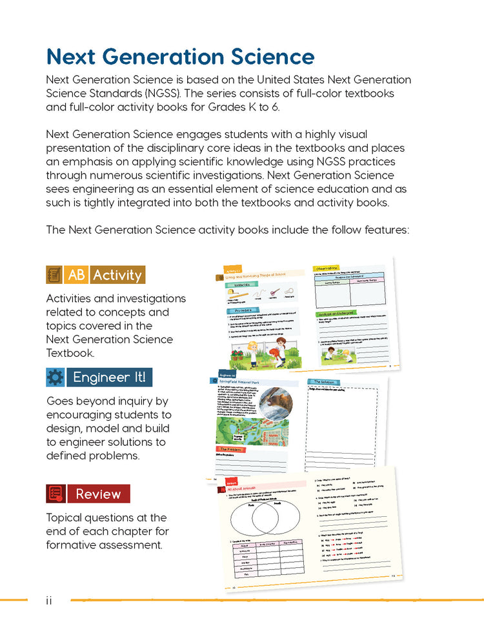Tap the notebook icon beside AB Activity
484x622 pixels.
click(54, 275)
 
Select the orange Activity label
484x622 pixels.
click(117, 275)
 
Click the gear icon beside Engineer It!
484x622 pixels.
click(55, 377)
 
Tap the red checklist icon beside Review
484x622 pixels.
click(55, 494)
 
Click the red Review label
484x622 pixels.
click(98, 494)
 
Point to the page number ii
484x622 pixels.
click(49, 601)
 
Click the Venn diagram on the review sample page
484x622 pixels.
click(264, 516)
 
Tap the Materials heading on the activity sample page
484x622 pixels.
click(239, 285)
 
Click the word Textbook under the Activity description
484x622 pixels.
click(71, 353)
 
